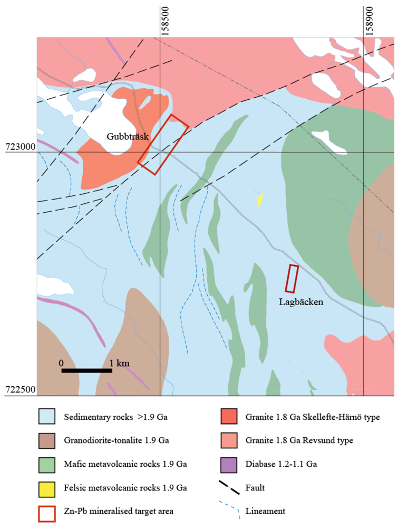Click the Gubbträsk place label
click(x=128, y=136)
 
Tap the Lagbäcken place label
click(x=301, y=302)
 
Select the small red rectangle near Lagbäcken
click(x=292, y=279)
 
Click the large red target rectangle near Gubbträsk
click(x=163, y=144)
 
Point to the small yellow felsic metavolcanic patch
click(x=259, y=200)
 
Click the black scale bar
click(x=86, y=370)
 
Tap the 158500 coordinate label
click(x=166, y=20)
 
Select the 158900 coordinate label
click(x=370, y=20)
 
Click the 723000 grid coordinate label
click(x=20, y=146)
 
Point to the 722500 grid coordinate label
click(x=20, y=390)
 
